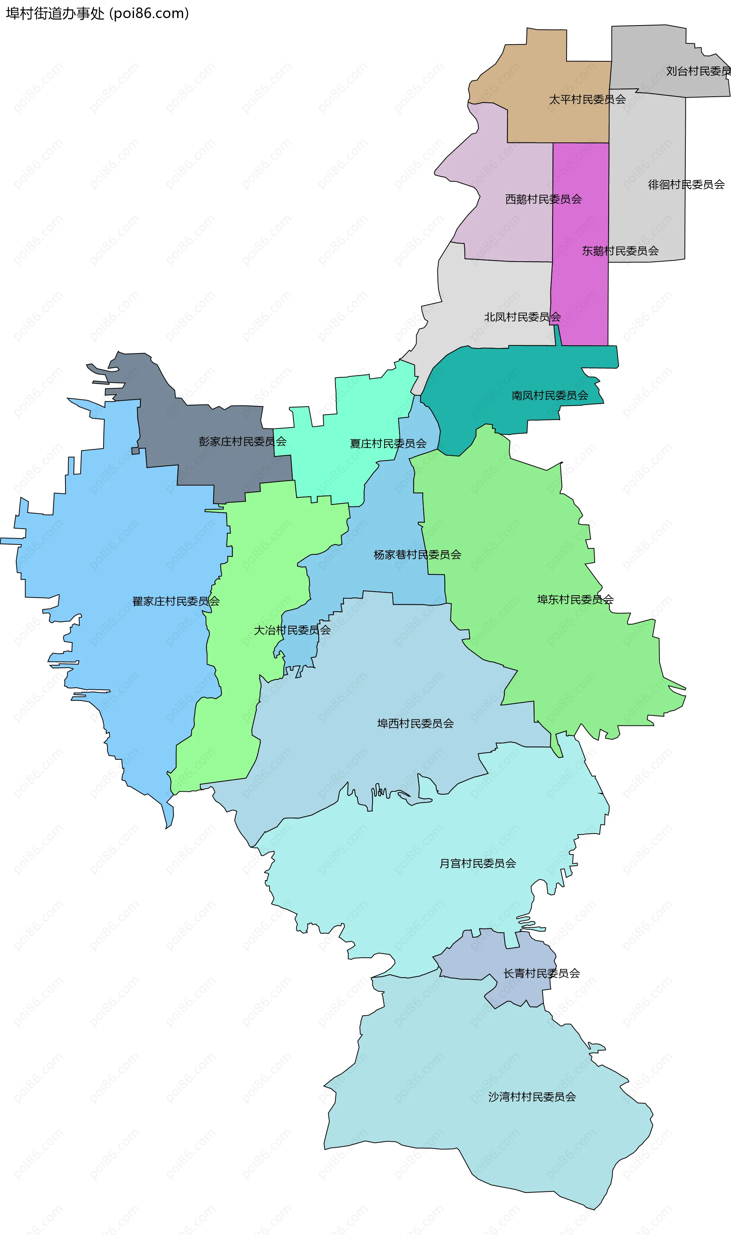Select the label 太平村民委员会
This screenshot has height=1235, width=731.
click(587, 99)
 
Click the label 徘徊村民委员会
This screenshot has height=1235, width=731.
click(686, 185)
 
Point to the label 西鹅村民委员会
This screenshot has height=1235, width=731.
click(543, 199)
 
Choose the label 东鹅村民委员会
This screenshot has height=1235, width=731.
click(620, 251)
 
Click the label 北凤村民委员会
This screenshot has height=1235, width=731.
click(522, 317)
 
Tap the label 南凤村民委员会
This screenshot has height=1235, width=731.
click(550, 395)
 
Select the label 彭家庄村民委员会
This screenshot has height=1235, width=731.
click(243, 441)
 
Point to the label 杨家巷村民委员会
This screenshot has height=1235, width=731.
click(417, 555)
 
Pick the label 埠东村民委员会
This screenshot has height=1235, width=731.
click(575, 599)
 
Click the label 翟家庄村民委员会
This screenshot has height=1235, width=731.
click(176, 601)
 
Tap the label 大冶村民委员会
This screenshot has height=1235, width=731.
click(292, 629)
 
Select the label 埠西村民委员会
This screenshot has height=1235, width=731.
click(415, 723)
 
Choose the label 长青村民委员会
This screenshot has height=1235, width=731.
click(541, 973)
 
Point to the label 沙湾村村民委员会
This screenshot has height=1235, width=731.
click(531, 1097)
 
